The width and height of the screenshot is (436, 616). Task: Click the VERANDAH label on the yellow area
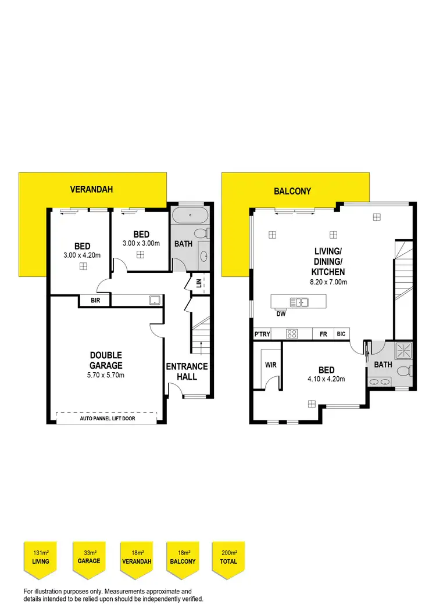91,189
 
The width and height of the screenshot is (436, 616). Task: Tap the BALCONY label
292,191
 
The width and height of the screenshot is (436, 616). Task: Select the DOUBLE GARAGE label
106,360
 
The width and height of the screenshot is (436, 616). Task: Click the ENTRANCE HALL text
187,372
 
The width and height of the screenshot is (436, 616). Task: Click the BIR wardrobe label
95,301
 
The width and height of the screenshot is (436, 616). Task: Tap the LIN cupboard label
199,283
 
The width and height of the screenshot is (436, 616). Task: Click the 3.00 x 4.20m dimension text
83,255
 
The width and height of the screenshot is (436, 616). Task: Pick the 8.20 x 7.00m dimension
328,282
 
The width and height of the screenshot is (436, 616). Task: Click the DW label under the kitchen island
281,314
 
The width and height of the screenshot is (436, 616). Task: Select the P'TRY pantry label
261,334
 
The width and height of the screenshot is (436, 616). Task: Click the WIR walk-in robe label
270,365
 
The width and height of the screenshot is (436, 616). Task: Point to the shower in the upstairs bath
402,350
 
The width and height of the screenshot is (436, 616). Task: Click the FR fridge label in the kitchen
323,334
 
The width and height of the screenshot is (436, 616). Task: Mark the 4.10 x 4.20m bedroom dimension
327,379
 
